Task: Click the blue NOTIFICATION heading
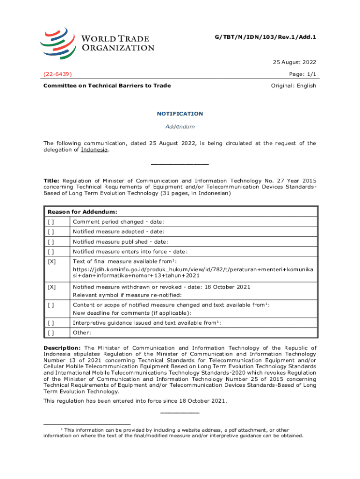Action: (180, 114)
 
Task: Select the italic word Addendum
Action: (180, 127)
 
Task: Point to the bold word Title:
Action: (51, 181)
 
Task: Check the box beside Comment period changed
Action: (50, 222)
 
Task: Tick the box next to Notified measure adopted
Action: (50, 232)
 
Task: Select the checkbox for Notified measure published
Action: (50, 242)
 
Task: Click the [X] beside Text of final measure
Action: (51, 261)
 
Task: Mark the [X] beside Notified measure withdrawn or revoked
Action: (51, 287)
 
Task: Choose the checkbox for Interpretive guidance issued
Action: (50, 323)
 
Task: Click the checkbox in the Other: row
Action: (50, 333)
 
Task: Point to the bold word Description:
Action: (62, 348)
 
